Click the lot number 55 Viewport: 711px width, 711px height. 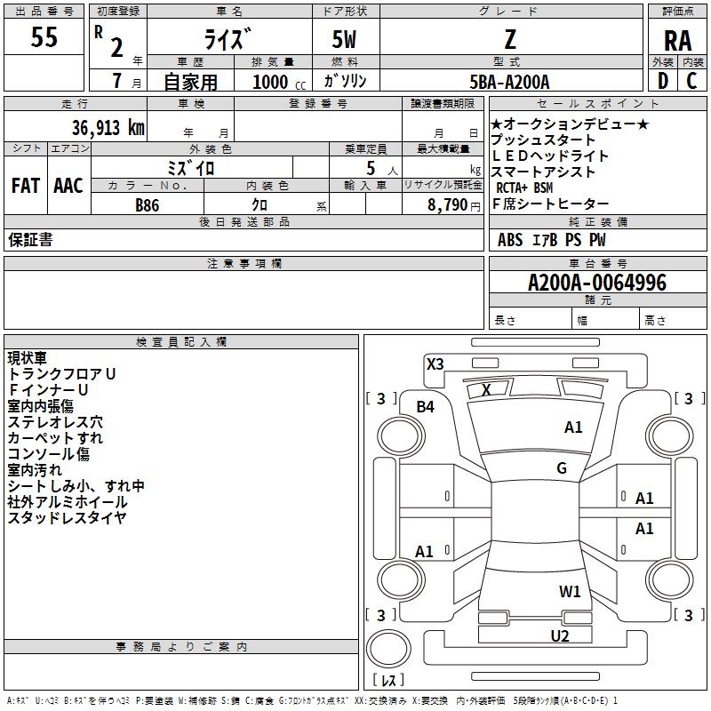[x=44, y=36]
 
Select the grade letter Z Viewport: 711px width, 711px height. [x=510, y=39]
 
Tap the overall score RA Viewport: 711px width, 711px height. [x=678, y=41]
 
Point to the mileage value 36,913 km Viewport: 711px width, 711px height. [x=108, y=127]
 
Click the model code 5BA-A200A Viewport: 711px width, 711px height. [x=509, y=82]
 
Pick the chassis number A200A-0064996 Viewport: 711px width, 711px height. [x=597, y=283]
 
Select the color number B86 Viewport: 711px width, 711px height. [x=147, y=205]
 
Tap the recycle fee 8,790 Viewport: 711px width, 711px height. [x=447, y=204]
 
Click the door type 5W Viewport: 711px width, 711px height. [x=344, y=39]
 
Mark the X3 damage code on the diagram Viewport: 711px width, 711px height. [x=435, y=363]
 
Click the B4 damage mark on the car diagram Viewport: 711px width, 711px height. [x=426, y=407]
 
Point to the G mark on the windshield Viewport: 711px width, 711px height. [x=562, y=467]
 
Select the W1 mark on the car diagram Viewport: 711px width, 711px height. [x=570, y=591]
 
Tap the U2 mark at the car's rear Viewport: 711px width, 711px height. [x=560, y=635]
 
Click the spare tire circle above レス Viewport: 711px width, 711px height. [x=388, y=648]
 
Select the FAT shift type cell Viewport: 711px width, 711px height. [x=26, y=186]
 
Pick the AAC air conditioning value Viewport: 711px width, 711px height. [x=68, y=186]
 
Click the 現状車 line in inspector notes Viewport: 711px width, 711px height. [x=28, y=358]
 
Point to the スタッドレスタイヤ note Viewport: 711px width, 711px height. [x=67, y=517]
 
